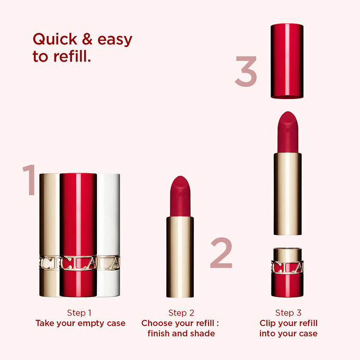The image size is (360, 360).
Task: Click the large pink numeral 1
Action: coord(30,180)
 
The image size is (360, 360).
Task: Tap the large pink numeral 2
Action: coord(221,253)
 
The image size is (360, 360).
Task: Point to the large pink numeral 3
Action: coord(246,73)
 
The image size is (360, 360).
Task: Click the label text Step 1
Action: coord(80,312)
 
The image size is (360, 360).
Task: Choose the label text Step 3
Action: coord(289,313)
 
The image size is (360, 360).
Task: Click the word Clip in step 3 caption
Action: coord(269,323)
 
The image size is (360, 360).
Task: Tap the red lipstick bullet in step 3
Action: coord(288,130)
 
